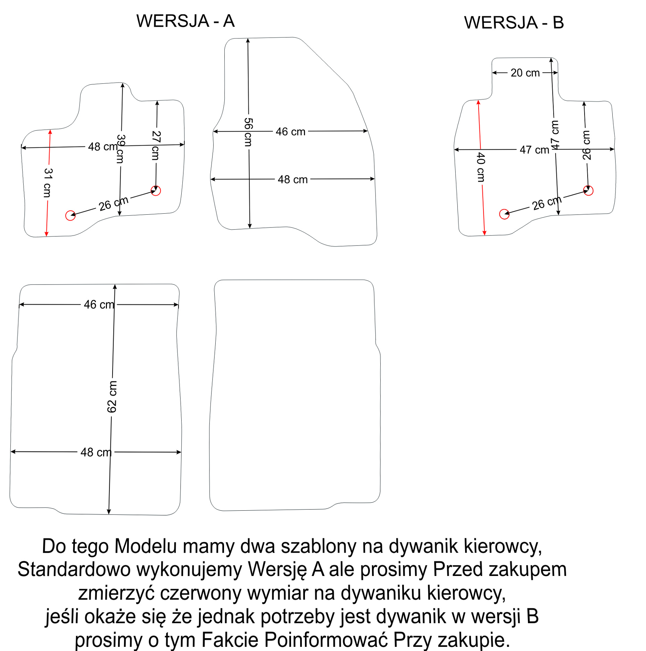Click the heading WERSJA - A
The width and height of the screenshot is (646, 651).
[185, 21]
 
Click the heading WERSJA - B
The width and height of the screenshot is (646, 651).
[514, 23]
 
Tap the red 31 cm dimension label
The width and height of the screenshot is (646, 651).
[48, 183]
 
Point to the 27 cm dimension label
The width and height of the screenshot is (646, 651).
[156, 145]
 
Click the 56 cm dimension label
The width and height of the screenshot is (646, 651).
[248, 132]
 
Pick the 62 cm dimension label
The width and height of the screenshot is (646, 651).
[112, 397]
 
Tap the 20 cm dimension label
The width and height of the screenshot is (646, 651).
[525, 73]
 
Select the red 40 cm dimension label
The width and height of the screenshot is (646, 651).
[481, 167]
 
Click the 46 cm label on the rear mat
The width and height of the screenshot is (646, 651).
[99, 305]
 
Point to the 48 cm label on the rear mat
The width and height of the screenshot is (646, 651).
[96, 452]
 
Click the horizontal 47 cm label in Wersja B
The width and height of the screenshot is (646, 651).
[535, 150]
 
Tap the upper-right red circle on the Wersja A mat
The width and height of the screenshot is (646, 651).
[156, 191]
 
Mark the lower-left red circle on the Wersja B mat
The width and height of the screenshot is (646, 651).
[504, 214]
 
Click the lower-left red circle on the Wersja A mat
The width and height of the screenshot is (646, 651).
[71, 215]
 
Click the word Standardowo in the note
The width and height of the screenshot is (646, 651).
[74, 570]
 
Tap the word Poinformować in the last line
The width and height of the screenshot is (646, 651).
[325, 640]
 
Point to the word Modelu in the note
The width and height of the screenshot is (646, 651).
[146, 546]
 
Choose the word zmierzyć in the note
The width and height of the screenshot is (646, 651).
[116, 593]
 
